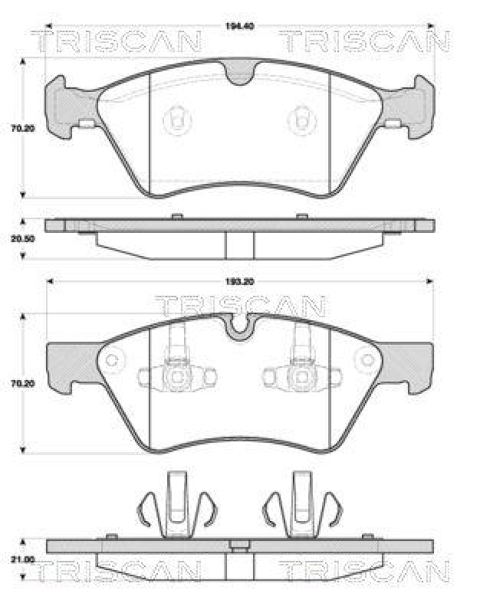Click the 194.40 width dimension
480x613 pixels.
(x=239, y=27)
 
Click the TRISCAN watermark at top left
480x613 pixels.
(x=117, y=41)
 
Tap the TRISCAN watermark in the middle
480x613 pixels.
(x=240, y=306)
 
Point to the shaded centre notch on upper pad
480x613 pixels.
(x=239, y=73)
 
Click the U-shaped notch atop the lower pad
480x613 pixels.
(x=240, y=326)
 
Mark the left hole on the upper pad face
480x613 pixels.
(x=177, y=120)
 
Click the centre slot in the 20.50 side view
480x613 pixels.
(x=239, y=245)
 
